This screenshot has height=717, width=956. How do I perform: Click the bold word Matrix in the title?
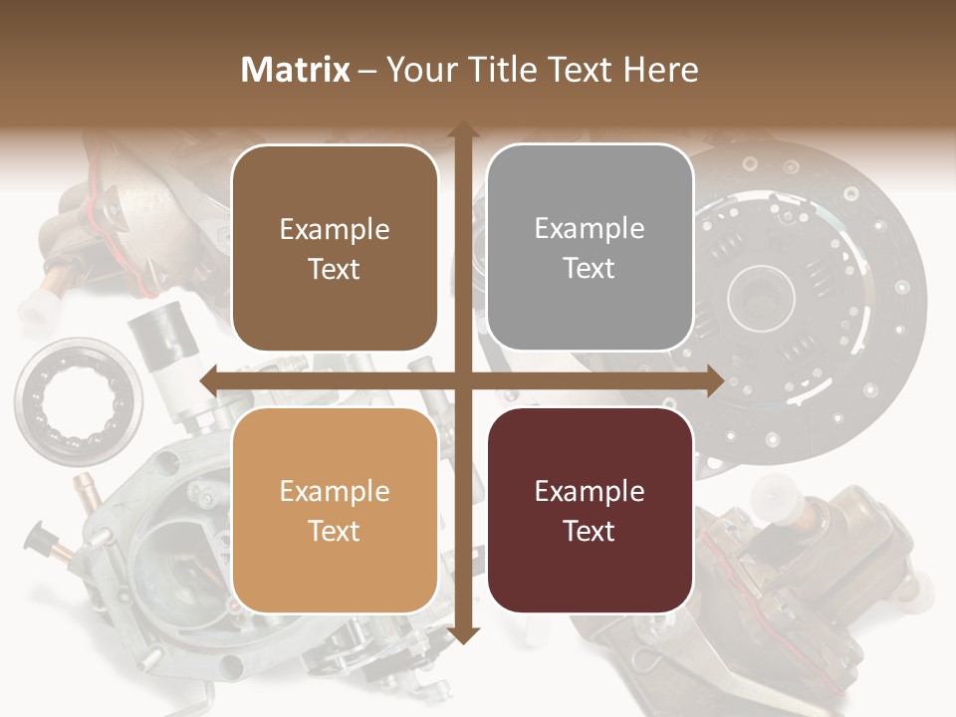(296, 70)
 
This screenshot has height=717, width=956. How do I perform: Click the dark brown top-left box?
(335, 248)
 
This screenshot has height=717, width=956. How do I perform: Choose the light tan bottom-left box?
(335, 510)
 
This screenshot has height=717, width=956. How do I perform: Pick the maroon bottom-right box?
(590, 510)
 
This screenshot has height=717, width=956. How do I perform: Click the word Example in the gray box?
(590, 228)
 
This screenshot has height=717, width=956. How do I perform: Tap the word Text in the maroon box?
(590, 531)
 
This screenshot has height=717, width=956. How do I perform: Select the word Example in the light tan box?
(335, 491)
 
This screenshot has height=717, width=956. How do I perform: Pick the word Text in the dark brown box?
(335, 269)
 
